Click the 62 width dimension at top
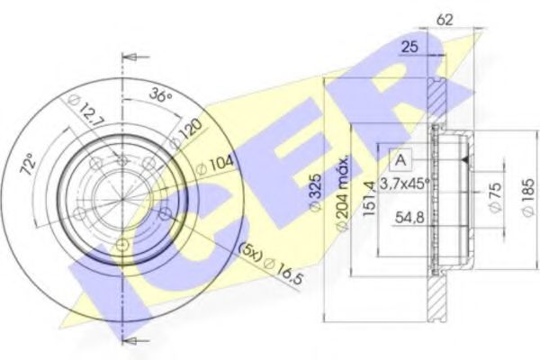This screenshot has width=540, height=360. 445,20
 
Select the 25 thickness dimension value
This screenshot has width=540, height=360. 409,46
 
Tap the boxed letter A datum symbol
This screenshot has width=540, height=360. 400,160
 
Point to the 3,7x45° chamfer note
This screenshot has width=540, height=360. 405,184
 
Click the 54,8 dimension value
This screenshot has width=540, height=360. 409,218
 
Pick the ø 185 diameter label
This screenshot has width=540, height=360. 528,197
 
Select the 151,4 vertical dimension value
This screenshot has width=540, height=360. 369,198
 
